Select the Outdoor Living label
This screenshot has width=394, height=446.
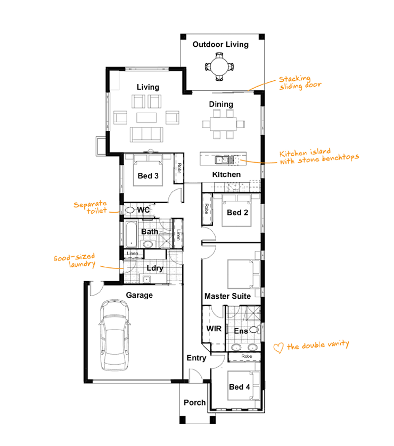click(220, 44)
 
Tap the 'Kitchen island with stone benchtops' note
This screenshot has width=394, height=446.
click(319, 157)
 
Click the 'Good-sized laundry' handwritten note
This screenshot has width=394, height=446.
click(74, 261)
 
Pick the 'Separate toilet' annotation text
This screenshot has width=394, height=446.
click(91, 207)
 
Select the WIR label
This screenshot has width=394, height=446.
click(214, 329)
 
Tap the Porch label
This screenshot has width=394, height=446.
click(194, 402)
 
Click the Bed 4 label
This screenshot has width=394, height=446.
click(239, 387)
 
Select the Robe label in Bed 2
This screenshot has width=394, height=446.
click(206, 209)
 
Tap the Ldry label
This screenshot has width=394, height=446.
click(154, 268)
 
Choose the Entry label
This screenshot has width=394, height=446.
click(196, 358)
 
